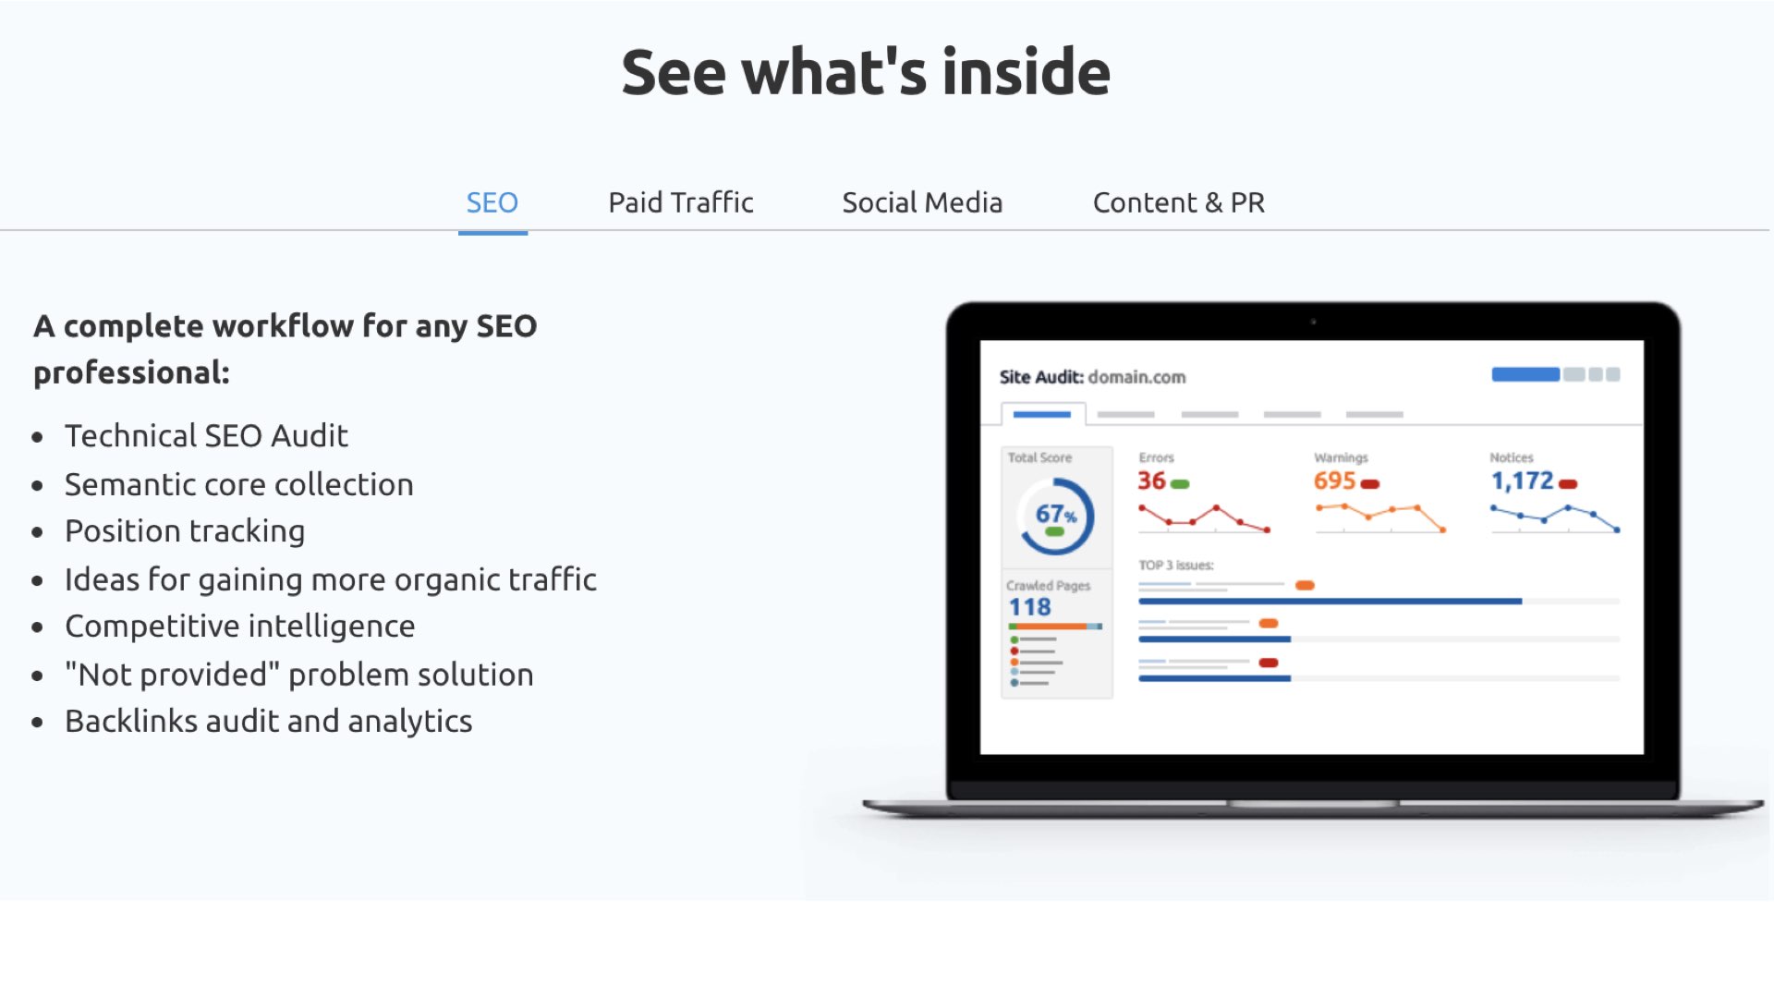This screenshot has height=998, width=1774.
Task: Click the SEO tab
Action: point(492,202)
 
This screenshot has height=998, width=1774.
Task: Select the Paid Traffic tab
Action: point(681,202)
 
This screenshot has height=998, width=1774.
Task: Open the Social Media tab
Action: point(922,202)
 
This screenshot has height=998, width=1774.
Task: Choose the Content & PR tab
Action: point(1179,202)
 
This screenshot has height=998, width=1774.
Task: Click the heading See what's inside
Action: point(866,72)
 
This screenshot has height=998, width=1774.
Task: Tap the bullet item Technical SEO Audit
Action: point(206,435)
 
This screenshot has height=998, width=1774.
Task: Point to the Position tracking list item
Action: point(185,531)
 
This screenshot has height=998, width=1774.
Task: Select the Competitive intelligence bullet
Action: point(240,627)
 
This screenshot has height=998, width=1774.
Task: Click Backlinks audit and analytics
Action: point(269,721)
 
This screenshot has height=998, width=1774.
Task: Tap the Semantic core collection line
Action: point(239,484)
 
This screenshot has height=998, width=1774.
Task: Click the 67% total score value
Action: point(1055,514)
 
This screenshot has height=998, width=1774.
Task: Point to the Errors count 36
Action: point(1151,481)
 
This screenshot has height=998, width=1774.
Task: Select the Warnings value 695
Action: point(1334,481)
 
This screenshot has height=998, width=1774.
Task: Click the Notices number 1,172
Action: point(1522,481)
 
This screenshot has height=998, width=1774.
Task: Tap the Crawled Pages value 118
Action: point(1029,607)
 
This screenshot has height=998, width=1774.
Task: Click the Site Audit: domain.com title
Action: point(1092,377)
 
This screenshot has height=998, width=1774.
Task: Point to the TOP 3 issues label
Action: point(1176,565)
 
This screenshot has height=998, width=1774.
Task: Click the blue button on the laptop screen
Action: point(1525,374)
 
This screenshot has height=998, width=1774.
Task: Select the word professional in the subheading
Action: point(131,373)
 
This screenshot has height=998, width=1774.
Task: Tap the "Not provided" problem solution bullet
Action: point(299,675)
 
